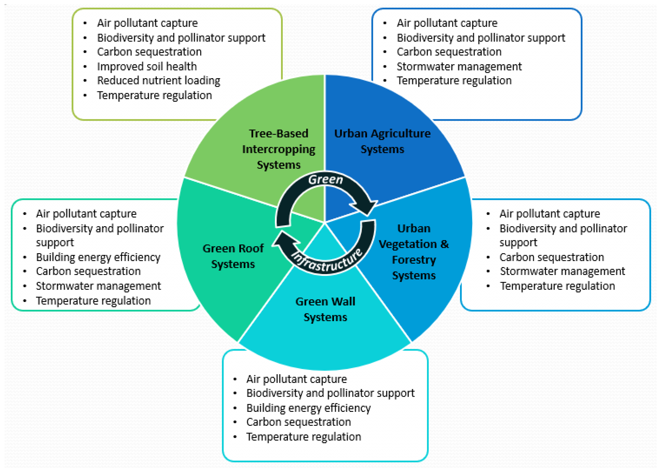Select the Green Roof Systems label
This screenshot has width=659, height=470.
coord(233,256)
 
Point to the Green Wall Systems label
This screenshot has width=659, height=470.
coord(325,309)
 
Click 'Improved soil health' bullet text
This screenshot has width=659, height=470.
coord(147,66)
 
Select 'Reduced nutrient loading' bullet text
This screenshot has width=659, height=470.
coord(158,81)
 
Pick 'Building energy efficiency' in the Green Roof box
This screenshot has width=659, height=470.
coord(98,257)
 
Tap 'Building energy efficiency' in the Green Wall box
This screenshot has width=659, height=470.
coord(308,408)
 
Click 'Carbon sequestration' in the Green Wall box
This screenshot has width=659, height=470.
coord(298,422)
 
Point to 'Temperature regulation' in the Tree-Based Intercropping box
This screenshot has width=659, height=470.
coord(154,95)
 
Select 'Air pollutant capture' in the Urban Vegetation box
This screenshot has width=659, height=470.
coord(549,214)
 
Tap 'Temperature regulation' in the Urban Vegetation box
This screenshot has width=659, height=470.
coord(557,286)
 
